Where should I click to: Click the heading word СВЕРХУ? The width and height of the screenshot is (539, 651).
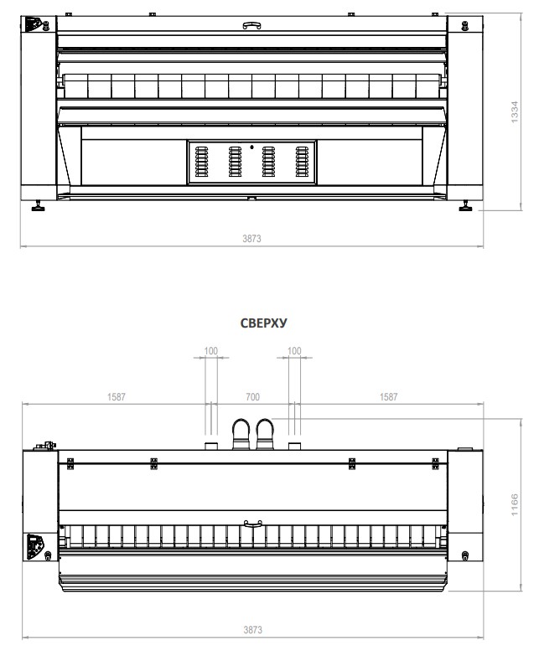click(x=263, y=323)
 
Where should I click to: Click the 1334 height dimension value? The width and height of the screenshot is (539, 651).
click(x=514, y=112)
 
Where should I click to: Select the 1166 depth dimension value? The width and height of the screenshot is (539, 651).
click(x=514, y=505)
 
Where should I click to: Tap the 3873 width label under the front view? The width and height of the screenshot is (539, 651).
click(x=251, y=238)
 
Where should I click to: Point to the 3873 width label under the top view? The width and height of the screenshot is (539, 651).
click(x=252, y=630)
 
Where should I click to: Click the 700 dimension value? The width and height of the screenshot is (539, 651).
click(x=252, y=397)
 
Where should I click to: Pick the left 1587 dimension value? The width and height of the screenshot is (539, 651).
click(x=117, y=397)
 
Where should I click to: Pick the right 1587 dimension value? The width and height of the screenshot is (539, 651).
click(x=389, y=397)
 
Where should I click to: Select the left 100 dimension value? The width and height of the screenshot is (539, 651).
click(x=211, y=351)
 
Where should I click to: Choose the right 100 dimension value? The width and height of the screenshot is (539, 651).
click(x=294, y=351)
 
